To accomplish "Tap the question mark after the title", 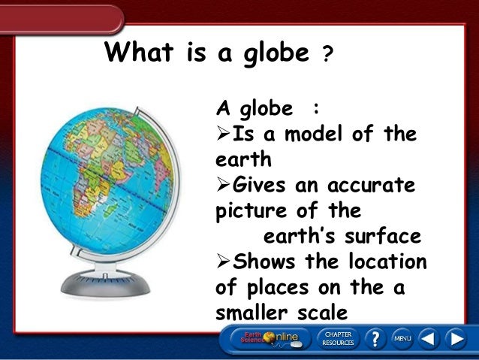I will point(327,56).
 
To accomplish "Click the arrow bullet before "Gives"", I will point(224,185).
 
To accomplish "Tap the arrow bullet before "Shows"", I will point(224,262).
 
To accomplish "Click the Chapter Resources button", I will point(338,338).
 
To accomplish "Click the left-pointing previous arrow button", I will point(428,339).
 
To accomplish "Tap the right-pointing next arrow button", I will point(456,339).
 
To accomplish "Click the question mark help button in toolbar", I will point(374,339).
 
